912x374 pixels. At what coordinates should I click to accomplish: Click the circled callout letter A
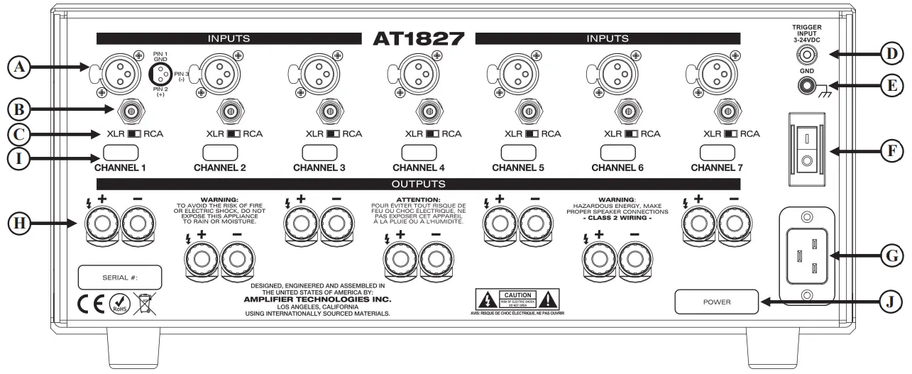(x=21, y=67)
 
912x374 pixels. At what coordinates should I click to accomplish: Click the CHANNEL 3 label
(x=319, y=168)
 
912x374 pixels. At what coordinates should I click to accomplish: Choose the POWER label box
(x=716, y=302)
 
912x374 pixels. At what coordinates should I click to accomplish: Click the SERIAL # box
(x=120, y=277)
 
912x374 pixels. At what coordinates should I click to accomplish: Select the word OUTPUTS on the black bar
(x=418, y=184)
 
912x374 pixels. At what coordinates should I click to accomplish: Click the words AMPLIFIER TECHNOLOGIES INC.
(x=321, y=299)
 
